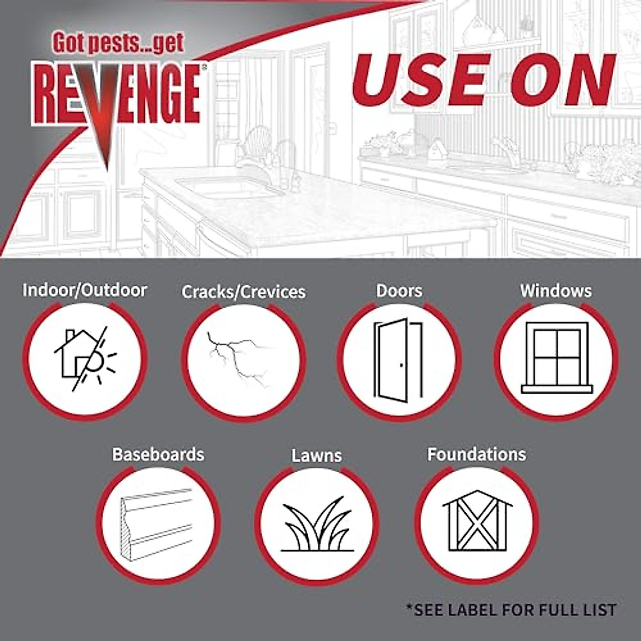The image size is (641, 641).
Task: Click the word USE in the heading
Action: pos(422,80)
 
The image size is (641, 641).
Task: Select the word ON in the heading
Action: pos(561,80)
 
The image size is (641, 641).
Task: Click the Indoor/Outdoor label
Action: pos(84,290)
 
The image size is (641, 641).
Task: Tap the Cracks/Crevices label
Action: pos(244,292)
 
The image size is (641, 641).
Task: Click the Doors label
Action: pos(399,291)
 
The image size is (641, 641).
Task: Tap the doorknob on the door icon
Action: pos(401,365)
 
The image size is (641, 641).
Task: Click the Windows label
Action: pos(556,291)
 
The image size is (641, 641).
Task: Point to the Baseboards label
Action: pos(158,454)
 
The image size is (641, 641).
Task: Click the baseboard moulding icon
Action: pos(157,525)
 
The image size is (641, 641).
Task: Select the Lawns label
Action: pos(317,456)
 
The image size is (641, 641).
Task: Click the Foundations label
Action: pos(476,454)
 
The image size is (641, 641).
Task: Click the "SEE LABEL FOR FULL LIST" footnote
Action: pos(511,609)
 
